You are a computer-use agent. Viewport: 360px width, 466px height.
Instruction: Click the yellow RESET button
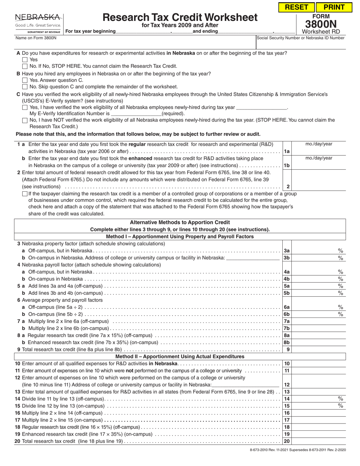[x=297, y=7]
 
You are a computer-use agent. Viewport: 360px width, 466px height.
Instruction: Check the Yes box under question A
[x=25, y=59]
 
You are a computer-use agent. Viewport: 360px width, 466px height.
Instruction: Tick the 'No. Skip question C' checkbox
[x=25, y=87]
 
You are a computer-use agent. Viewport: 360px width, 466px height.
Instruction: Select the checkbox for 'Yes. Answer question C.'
[x=25, y=80]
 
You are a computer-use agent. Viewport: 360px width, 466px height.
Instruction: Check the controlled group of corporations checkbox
[x=25, y=194]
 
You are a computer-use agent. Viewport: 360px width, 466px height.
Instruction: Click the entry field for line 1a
[x=318, y=151]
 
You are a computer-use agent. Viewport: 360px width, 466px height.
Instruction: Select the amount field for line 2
[x=318, y=186]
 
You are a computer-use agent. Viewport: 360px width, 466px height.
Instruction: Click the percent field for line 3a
[x=315, y=251]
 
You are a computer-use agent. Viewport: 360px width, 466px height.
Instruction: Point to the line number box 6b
[x=287, y=314]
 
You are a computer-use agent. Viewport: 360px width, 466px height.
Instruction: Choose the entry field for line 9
[x=318, y=350]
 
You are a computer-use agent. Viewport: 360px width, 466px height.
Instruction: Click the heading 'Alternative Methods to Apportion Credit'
[x=180, y=222]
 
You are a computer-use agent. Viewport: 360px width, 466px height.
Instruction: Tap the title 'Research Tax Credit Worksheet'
[x=180, y=17]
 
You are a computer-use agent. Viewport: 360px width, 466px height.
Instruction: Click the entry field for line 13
[x=318, y=392]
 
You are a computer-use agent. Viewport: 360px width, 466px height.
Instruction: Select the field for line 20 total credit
[x=318, y=441]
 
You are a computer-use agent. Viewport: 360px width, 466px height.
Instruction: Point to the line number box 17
[x=287, y=420]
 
